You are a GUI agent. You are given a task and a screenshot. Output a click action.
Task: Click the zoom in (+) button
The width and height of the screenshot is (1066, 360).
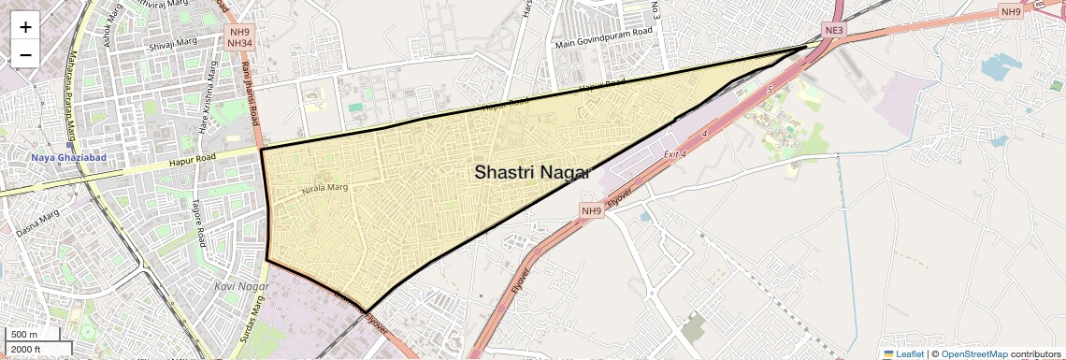click(25, 27)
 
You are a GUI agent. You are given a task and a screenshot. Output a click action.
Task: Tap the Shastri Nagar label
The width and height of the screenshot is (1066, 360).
click(532, 172)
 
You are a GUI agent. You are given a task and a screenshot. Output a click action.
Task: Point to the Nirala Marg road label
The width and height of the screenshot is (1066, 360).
click(324, 188)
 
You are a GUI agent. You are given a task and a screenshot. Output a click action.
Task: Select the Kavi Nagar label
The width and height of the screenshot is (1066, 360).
click(235, 285)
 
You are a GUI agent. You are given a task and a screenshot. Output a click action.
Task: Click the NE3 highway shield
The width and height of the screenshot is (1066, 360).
click(834, 31)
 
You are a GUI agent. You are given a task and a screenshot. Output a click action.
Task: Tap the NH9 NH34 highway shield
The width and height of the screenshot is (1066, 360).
click(239, 36)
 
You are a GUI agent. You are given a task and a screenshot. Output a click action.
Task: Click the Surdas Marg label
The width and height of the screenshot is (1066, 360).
click(251, 317)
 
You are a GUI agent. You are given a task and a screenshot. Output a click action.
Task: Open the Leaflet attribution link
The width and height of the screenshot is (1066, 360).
click(903, 353)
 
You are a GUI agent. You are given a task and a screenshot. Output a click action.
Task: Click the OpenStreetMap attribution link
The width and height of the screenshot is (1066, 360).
click(974, 353)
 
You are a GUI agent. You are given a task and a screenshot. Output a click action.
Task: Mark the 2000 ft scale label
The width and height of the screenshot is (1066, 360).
click(26, 350)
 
